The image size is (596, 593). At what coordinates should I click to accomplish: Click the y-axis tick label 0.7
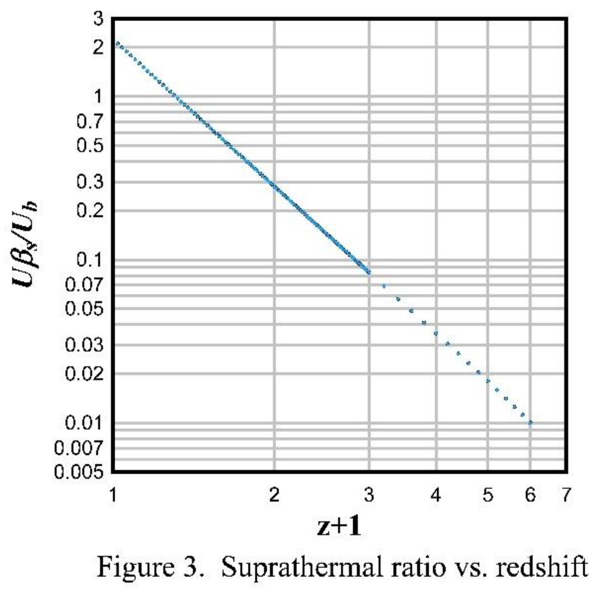coord(90,122)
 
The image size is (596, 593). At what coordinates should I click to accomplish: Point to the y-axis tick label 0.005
coord(79,472)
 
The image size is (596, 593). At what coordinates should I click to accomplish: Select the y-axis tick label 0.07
coord(84,285)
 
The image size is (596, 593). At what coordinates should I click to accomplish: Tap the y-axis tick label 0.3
coord(90,182)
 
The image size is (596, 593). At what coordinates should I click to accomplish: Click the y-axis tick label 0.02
coord(84,374)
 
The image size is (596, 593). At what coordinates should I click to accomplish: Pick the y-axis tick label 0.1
coord(90,260)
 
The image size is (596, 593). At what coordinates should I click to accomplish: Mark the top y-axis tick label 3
coord(98,19)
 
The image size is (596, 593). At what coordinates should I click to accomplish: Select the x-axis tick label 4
coord(436,495)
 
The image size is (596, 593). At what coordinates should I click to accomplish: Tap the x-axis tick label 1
coord(114,495)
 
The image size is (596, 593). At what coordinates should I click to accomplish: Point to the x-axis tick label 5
coord(488,495)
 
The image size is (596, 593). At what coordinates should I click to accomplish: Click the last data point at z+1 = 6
coord(530,423)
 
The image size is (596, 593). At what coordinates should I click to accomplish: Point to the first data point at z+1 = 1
coord(117,44)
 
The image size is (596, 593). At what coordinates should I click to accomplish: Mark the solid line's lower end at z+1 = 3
coord(369,272)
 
